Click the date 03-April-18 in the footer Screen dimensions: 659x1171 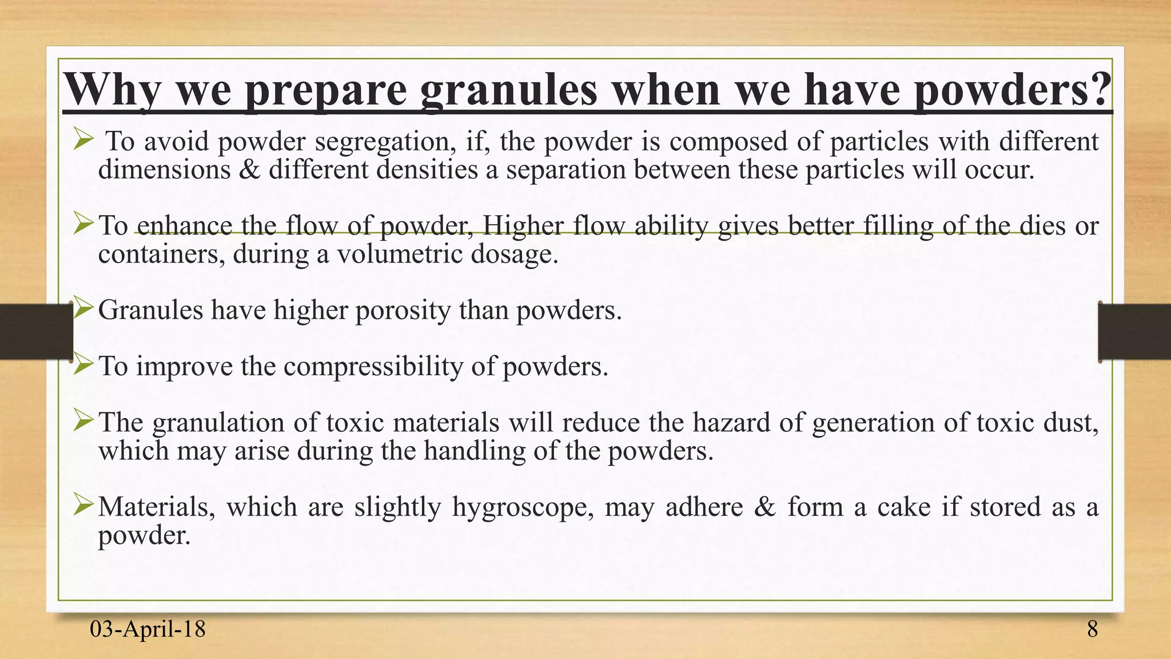tap(148, 629)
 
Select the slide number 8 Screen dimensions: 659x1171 tap(1092, 629)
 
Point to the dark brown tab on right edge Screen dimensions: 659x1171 tap(1134, 332)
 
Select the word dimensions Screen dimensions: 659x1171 tap(164, 170)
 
